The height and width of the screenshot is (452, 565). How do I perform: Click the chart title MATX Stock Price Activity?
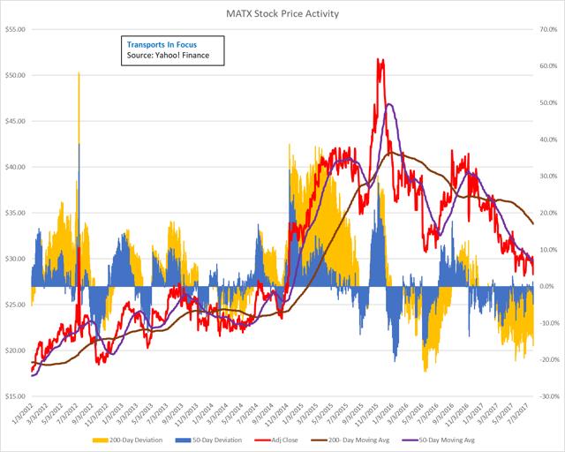282,11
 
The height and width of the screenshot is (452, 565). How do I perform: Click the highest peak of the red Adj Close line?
380,59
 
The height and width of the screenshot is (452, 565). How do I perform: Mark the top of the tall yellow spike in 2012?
79,73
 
